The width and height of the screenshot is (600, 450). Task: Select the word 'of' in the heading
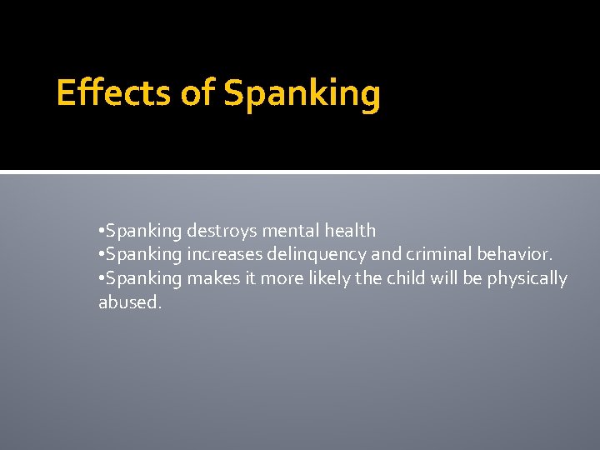197,93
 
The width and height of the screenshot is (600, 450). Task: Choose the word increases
222,254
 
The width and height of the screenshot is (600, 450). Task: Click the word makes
212,278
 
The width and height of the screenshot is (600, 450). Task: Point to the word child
404,278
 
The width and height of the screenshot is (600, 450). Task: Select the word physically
527,279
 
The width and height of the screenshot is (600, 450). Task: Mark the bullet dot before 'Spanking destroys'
101,231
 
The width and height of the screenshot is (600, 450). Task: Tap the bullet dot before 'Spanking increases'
101,254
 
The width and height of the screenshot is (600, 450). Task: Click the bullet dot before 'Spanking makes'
101,278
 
